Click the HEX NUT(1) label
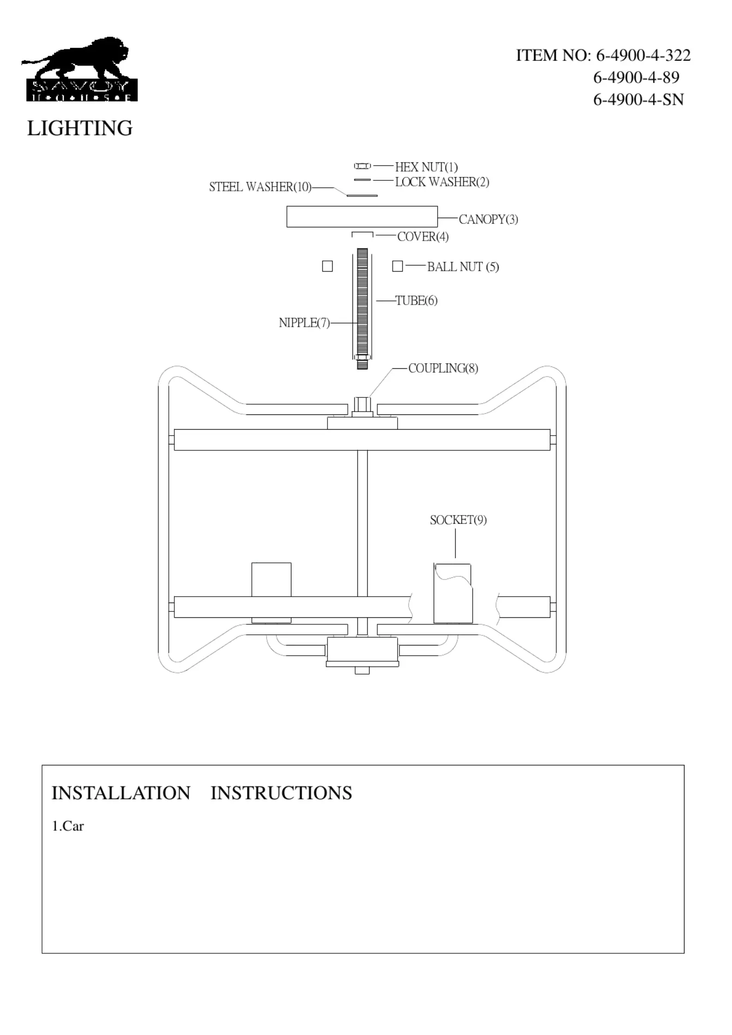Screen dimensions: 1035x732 [426, 167]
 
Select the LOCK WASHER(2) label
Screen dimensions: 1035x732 [442, 182]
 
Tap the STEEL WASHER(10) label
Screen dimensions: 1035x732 [260, 187]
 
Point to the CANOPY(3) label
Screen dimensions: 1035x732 [488, 219]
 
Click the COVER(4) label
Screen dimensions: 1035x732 [423, 237]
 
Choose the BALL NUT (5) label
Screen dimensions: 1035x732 [463, 267]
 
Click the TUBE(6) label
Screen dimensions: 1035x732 [416, 301]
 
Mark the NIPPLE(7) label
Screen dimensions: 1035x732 [304, 323]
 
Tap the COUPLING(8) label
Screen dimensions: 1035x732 [443, 368]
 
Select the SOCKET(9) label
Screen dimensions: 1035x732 [458, 520]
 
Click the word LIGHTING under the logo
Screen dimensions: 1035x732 [80, 128]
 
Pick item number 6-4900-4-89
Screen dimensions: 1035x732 [636, 77]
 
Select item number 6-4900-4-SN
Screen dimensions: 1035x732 [638, 100]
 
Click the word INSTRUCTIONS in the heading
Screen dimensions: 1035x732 [281, 793]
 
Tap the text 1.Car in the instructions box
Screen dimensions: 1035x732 [68, 826]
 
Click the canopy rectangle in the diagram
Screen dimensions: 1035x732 [362, 217]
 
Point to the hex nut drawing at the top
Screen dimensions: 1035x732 [362, 166]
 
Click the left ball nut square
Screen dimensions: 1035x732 [327, 266]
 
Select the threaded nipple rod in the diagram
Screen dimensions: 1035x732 [362, 304]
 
